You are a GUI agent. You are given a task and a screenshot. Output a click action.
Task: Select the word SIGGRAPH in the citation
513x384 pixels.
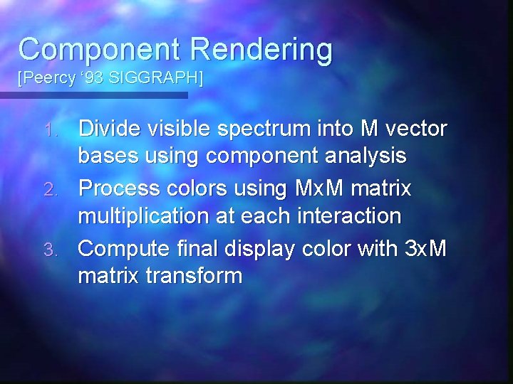pyautogui.click(x=163, y=78)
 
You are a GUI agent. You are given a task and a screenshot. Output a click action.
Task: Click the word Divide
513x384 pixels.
pyautogui.click(x=110, y=129)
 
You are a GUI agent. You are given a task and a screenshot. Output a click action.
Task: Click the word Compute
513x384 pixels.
pyautogui.click(x=125, y=249)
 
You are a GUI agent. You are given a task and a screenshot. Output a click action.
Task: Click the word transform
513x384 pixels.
pyautogui.click(x=197, y=274)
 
